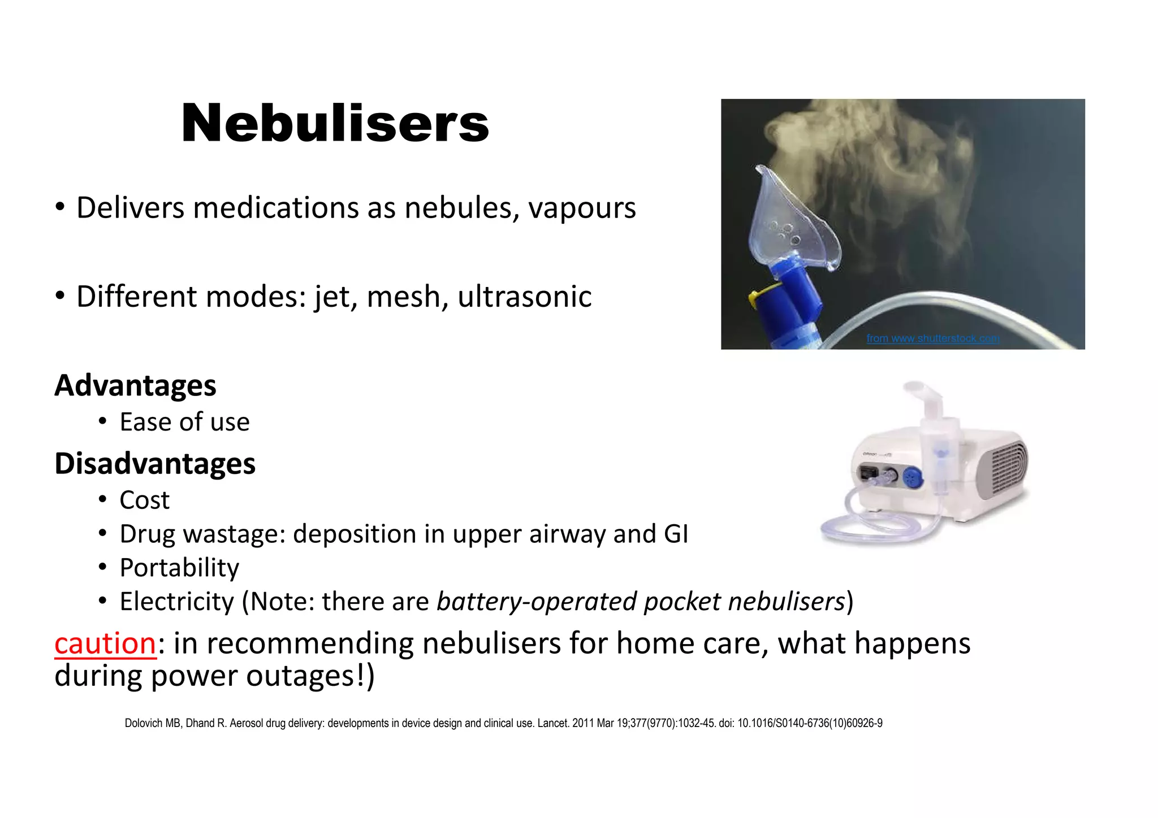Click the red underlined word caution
105,643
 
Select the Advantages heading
135,385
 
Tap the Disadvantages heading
155,463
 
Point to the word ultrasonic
524,297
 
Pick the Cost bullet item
144,500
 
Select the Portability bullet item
179,568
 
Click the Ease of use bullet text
184,422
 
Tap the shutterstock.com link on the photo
933,338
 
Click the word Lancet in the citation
552,723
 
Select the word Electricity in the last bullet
176,601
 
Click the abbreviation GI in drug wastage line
676,534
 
